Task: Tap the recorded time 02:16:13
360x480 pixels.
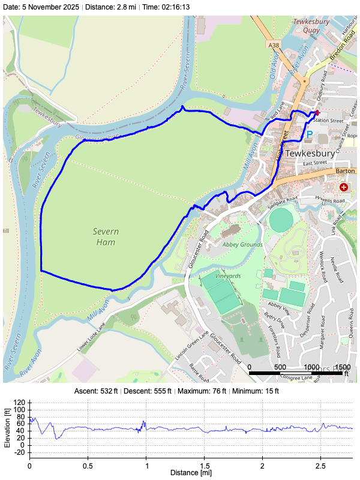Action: (175, 7)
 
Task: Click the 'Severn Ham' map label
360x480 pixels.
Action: (106, 236)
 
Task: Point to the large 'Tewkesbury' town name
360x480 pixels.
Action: (310, 153)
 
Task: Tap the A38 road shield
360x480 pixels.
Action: (274, 45)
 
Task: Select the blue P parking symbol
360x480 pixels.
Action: (310, 135)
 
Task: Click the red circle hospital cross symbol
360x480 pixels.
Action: (344, 187)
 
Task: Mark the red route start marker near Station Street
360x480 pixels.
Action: (317, 113)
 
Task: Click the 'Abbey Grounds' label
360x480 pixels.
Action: (242, 244)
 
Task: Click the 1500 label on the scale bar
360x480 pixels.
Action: (343, 367)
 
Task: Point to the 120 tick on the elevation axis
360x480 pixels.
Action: (20, 403)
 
